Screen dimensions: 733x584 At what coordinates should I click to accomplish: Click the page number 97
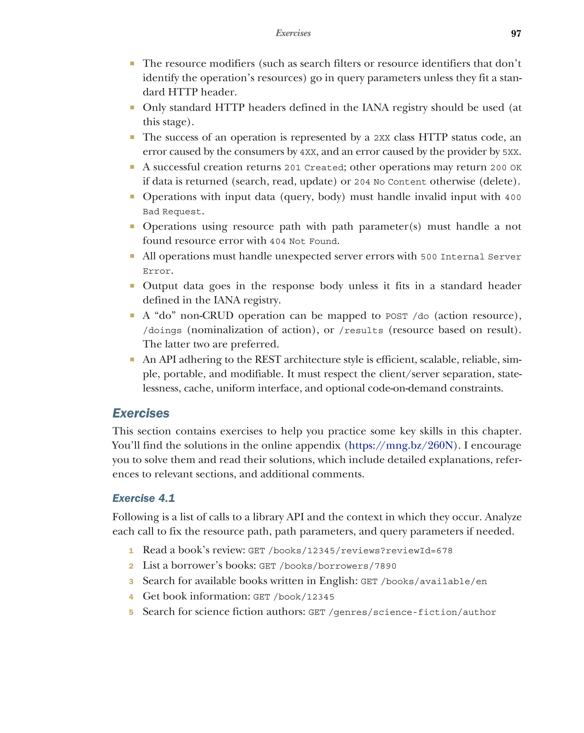click(x=516, y=33)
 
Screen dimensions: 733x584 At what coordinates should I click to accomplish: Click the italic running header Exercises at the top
click(x=293, y=33)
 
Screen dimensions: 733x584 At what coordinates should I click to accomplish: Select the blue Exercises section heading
click(x=141, y=413)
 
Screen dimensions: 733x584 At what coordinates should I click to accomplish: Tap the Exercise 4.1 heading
click(x=143, y=498)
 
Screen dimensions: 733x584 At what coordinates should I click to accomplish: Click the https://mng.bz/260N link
click(x=401, y=445)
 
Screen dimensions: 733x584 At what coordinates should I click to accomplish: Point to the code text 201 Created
click(x=314, y=167)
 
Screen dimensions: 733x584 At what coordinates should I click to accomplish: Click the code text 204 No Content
click(x=390, y=182)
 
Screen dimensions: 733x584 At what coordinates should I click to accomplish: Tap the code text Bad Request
click(x=172, y=212)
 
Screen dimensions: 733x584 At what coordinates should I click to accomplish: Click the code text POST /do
click(x=407, y=316)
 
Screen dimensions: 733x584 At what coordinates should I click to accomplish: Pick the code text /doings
click(x=162, y=330)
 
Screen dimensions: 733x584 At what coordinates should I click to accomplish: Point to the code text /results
click(x=361, y=330)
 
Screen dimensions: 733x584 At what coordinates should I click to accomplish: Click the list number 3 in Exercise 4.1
click(x=131, y=581)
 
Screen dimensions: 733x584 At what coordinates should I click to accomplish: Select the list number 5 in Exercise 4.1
click(x=131, y=612)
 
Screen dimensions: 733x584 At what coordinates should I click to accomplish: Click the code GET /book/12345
click(x=293, y=597)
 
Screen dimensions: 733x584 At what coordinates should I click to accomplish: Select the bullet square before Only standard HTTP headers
click(x=132, y=108)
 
